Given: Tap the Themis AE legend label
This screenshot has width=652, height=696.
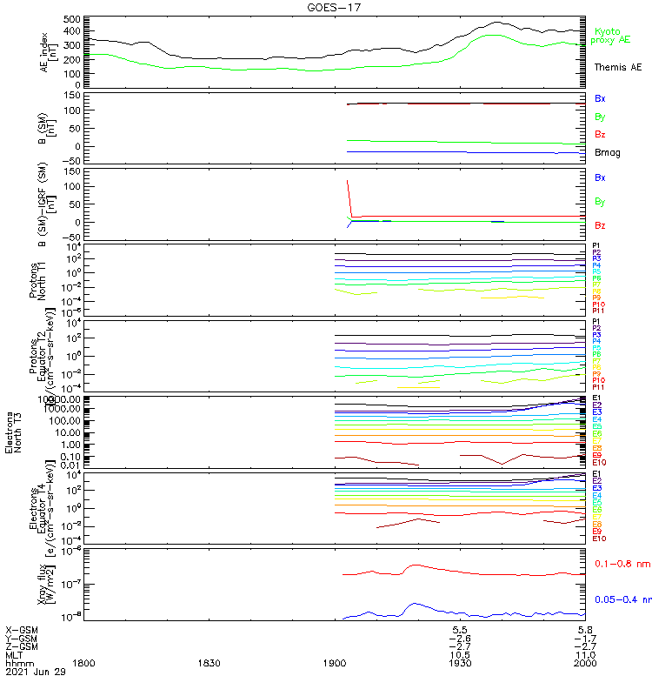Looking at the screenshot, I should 617,67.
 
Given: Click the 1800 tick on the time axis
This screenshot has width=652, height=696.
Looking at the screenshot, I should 83,663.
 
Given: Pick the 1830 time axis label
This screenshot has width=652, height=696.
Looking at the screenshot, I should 209,663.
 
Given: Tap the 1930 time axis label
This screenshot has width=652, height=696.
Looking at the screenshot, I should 460,663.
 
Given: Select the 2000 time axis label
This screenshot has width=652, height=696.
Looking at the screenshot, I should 585,663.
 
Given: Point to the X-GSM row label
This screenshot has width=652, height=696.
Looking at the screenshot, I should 23,629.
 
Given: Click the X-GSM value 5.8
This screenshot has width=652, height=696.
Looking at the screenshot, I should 585,629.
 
